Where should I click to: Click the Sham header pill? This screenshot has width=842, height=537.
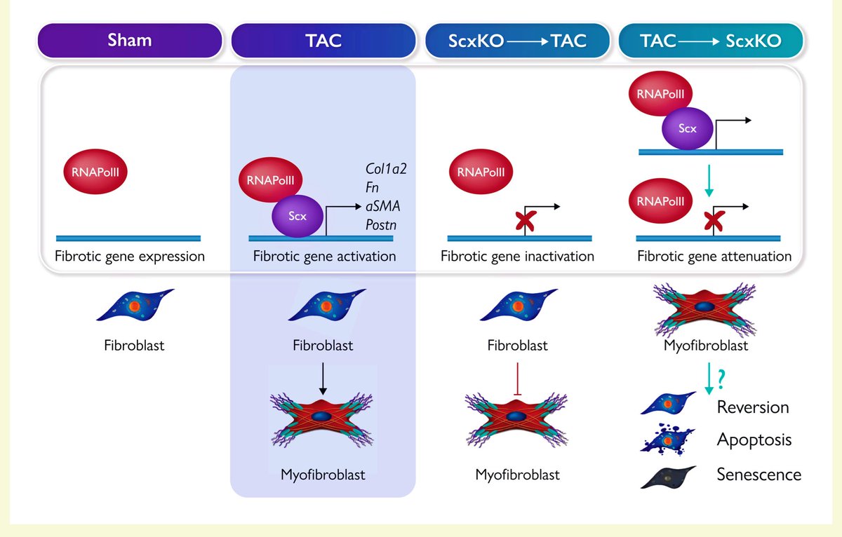[130, 41]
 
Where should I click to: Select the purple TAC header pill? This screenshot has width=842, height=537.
[323, 41]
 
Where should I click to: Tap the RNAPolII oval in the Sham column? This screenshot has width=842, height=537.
[95, 172]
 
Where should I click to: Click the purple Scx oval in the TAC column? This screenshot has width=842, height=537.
[298, 216]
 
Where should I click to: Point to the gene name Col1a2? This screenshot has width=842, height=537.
[386, 169]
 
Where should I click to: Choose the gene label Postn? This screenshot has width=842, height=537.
[381, 225]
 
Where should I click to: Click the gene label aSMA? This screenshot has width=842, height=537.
[382, 206]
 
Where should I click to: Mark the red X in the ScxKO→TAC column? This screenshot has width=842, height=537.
[526, 221]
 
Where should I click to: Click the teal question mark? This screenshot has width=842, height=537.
[721, 379]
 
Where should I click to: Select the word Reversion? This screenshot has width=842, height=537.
[752, 407]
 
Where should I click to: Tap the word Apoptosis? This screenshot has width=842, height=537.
[754, 440]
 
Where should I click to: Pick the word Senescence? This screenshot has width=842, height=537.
[759, 475]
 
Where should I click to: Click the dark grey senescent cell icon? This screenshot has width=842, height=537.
[668, 477]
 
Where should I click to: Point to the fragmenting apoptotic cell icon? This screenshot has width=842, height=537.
[667, 440]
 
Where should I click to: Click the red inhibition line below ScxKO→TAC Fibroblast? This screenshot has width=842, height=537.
[518, 379]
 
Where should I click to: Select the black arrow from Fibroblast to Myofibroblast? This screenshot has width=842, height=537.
[323, 379]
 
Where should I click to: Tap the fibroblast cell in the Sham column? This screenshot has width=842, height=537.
[135, 304]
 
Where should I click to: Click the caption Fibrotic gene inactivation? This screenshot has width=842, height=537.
[517, 257]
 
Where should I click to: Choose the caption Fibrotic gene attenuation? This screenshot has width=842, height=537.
[714, 257]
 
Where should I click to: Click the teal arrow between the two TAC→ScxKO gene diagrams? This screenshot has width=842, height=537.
[709, 181]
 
